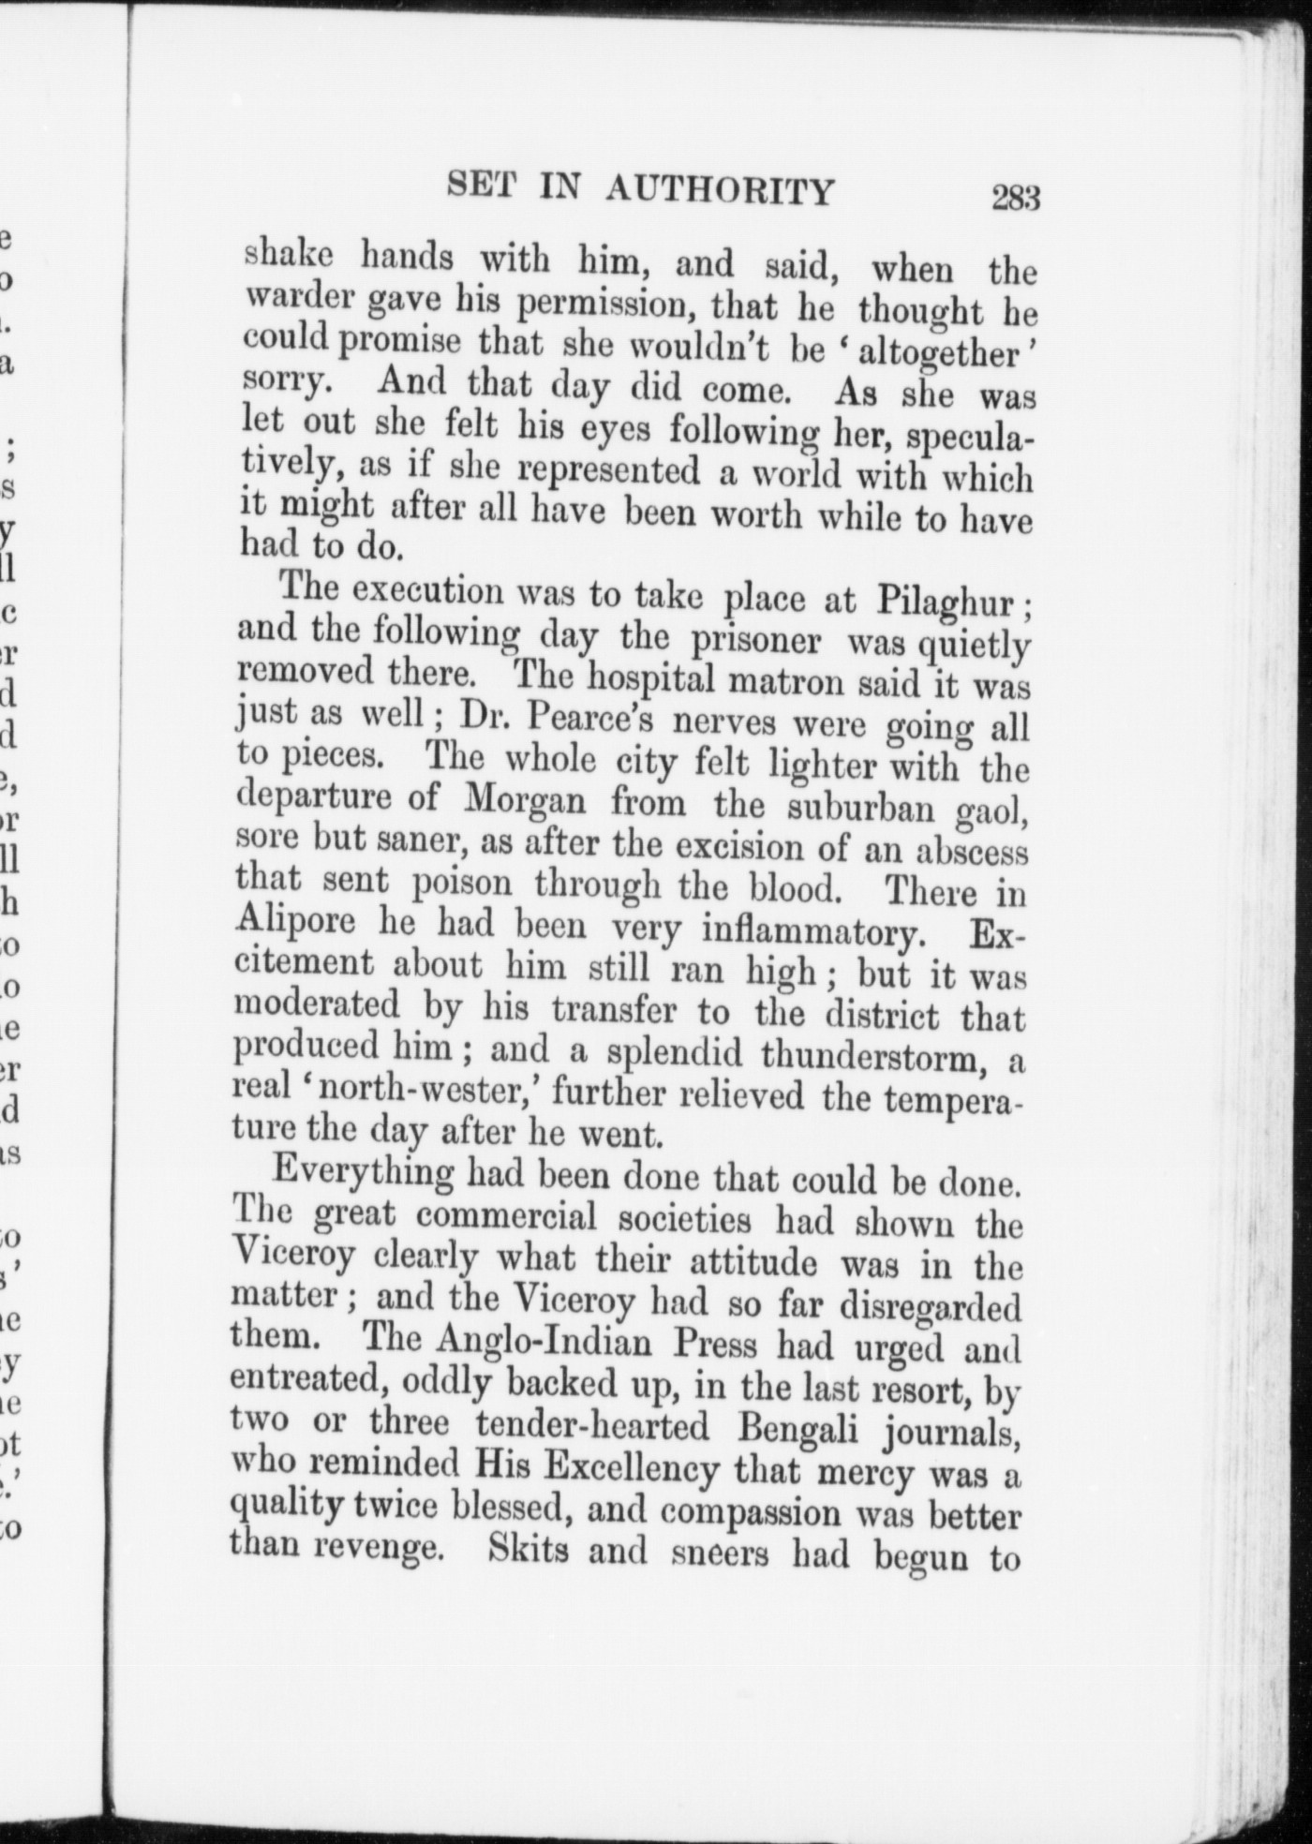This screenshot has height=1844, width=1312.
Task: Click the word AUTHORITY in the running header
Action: click(719, 190)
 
